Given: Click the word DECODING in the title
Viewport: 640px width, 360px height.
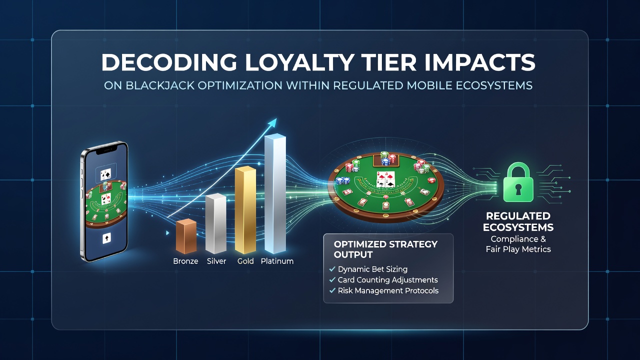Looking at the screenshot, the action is point(169,62).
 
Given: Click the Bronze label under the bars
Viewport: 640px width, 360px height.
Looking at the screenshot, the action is point(185,261).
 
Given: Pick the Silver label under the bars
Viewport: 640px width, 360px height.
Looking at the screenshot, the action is point(216,261).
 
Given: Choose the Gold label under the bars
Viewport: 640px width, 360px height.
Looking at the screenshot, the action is point(245,261).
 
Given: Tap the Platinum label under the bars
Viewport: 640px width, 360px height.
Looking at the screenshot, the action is point(277,261).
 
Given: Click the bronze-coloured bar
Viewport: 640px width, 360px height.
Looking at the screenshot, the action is point(186,236).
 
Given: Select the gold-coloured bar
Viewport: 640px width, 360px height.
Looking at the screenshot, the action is point(245,210).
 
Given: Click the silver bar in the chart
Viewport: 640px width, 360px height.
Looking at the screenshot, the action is point(215,223).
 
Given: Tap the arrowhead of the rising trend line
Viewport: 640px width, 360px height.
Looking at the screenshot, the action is point(273,123).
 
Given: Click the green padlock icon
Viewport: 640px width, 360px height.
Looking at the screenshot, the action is point(518,182).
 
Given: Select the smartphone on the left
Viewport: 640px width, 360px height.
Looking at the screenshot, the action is point(104,201).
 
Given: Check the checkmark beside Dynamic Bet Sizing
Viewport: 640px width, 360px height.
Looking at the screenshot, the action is point(332,269).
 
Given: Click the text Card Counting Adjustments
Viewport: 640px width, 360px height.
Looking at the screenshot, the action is point(387,280).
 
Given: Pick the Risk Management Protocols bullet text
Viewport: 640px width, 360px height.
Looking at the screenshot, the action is point(388,291).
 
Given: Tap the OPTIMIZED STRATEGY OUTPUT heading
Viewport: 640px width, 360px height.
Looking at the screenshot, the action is point(385,249).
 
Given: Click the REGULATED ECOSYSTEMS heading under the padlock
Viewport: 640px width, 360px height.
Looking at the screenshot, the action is point(518,221).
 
